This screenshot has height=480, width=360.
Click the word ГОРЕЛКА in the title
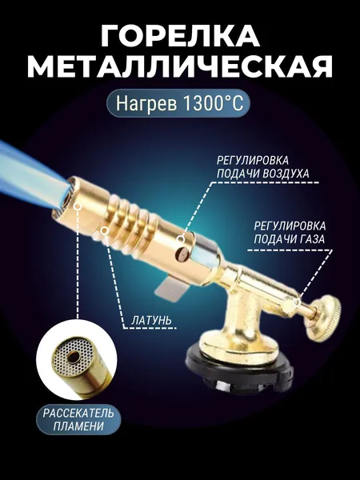180,35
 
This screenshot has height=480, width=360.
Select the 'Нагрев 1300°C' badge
178,103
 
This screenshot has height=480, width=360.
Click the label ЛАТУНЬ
151,320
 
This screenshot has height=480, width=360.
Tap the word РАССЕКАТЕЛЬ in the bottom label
78,413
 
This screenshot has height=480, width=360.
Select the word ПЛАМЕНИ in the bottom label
78,426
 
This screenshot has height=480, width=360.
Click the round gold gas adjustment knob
324,318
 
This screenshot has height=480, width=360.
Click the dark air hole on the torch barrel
181,254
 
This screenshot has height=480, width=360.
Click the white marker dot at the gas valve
296,302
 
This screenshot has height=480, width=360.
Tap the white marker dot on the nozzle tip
78,206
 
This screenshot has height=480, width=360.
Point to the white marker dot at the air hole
182,239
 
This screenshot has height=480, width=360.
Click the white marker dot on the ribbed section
104,230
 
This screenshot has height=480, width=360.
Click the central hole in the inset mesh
74,356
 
